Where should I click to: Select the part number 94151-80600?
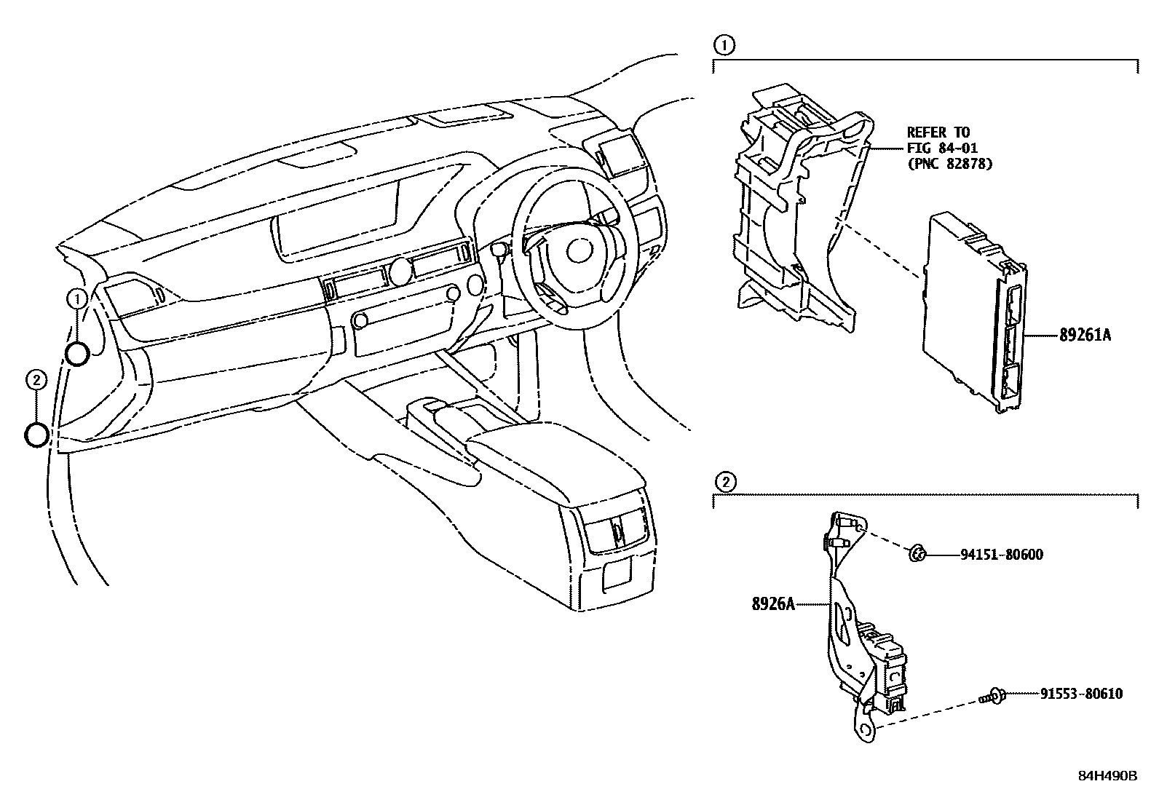pos(1001,555)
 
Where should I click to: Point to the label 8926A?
pos(772,603)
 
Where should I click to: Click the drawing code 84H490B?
pos(1107,776)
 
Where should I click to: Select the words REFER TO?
pos(938,132)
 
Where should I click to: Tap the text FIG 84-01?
pos(942,148)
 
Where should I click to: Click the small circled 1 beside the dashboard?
pos(77,298)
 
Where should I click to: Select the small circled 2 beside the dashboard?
pos(36,379)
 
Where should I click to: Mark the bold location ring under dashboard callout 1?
pos(77,354)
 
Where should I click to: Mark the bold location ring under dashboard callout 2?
pos(36,435)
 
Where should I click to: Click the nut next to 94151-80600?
pos(918,554)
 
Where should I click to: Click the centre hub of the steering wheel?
pos(579,251)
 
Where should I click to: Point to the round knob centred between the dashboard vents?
pos(399,271)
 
